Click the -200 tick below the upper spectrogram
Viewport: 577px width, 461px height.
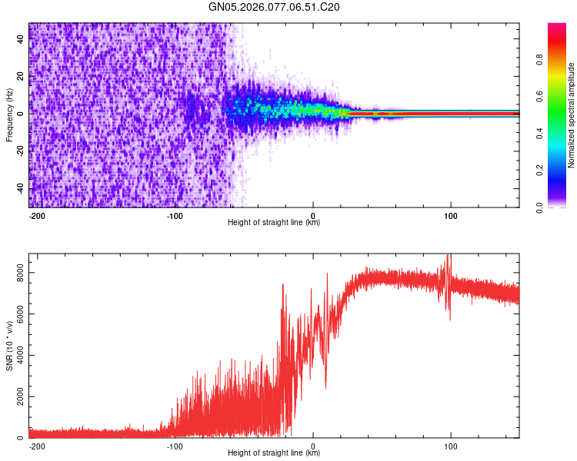37,215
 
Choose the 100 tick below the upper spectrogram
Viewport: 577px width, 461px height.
450,215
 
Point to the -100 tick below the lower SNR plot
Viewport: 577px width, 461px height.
175,446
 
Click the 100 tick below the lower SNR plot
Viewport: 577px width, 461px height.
450,446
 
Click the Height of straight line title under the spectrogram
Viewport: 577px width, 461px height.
274,223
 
